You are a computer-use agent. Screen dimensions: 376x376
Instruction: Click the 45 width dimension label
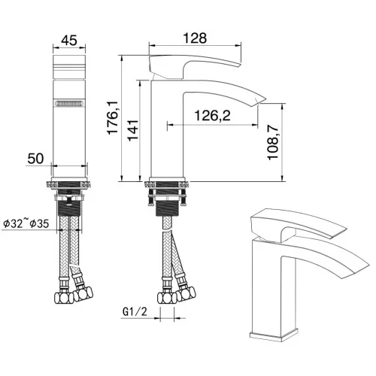pos(69,40)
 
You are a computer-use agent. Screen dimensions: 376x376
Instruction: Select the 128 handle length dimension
pos(195,38)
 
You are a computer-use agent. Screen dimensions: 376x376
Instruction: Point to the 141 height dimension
pos(133,130)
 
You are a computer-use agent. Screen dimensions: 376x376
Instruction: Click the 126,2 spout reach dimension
pos(213,116)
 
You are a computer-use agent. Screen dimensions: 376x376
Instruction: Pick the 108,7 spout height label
pos(273,143)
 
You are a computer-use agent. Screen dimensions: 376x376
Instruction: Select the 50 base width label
pos(35,159)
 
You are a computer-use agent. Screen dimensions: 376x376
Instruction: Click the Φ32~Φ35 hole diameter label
pos(26,223)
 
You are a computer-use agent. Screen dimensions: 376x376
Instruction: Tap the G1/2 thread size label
pos(135,311)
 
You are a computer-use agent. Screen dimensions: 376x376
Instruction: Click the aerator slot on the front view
pos(69,104)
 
